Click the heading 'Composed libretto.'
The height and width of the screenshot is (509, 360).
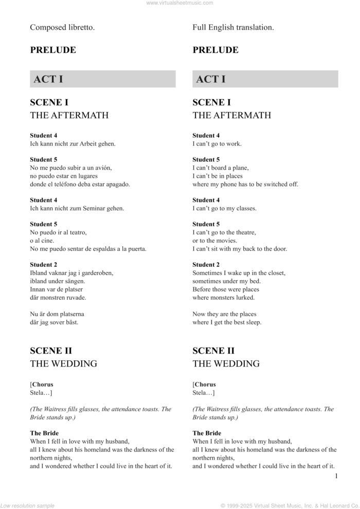coord(62,28)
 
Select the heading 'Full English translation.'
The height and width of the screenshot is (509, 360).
coord(233,28)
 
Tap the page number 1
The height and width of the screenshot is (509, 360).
coord(336,476)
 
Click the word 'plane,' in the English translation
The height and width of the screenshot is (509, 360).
coord(239,168)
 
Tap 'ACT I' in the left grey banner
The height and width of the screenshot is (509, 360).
coord(48,79)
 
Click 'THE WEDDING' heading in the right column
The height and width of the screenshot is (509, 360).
coord(226,363)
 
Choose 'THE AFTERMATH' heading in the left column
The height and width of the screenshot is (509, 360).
coord(69,115)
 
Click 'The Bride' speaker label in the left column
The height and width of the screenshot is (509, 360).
coord(44,433)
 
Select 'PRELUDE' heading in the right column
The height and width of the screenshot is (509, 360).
coord(215,50)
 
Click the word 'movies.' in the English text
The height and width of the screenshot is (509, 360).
coord(226,241)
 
